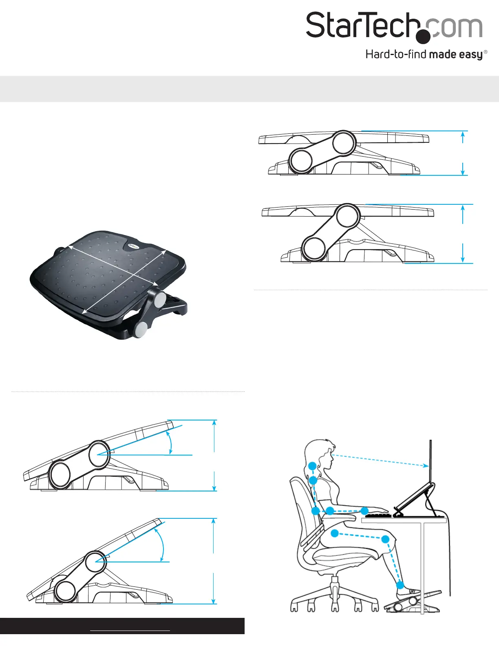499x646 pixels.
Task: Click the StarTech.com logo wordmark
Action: [394, 26]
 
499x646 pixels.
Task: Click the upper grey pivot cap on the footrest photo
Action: [160, 300]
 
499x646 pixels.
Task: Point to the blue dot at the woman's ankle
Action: [400, 585]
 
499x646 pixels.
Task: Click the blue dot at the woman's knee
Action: [385, 539]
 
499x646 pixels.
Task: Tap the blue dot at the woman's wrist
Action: [364, 511]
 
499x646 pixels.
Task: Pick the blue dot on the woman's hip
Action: [335, 533]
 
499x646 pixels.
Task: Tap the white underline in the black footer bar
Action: [130, 631]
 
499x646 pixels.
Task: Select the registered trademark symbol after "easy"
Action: [485, 52]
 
